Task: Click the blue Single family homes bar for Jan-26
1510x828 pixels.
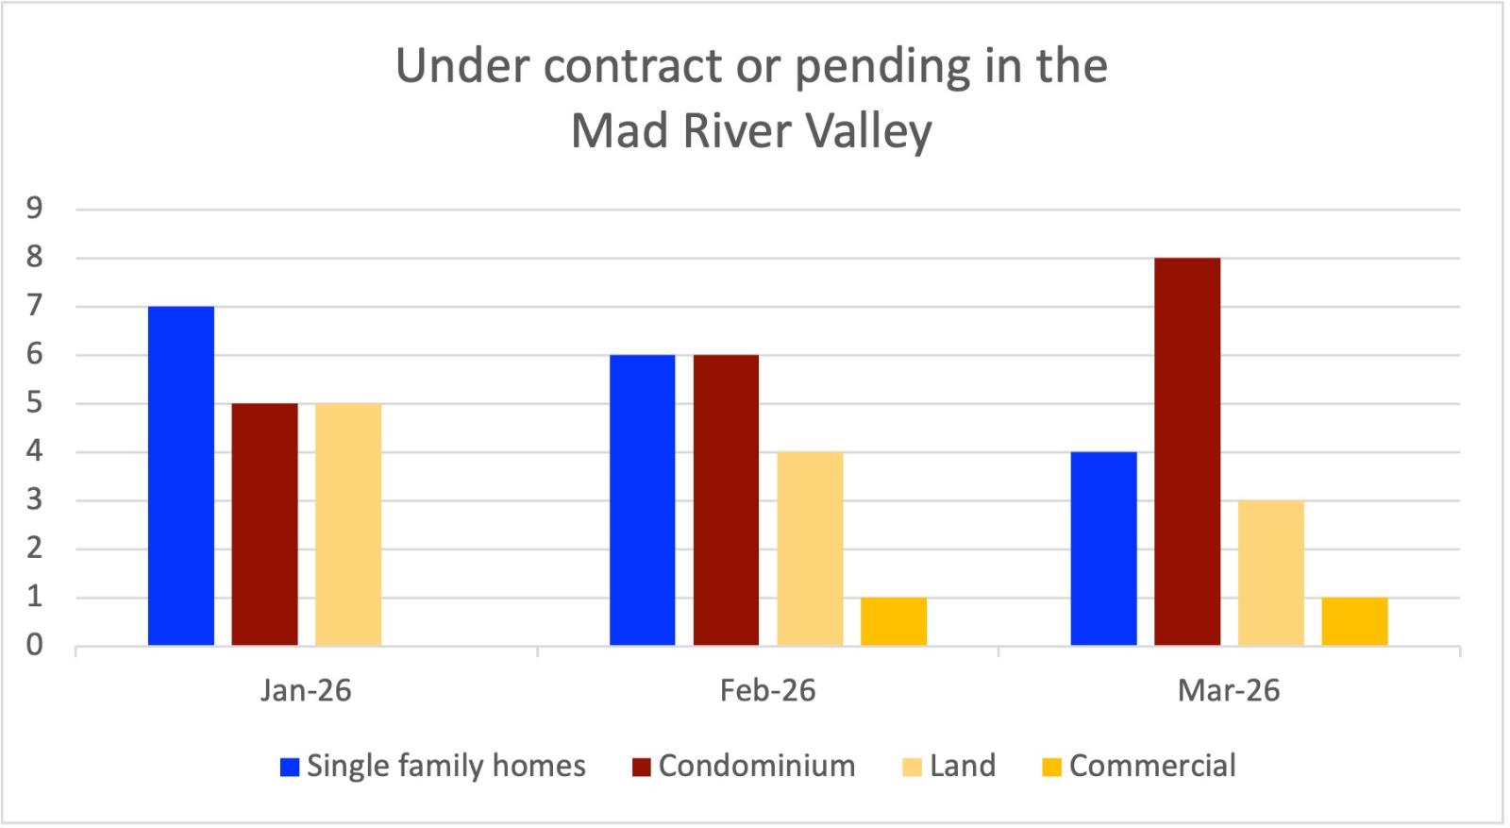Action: click(181, 476)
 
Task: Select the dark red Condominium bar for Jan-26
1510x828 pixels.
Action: click(264, 525)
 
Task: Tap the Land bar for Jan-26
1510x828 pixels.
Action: click(348, 525)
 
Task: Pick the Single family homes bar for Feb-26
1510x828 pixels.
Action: click(642, 500)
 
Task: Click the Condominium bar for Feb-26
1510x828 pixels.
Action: click(726, 500)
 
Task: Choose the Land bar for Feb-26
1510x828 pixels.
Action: click(810, 549)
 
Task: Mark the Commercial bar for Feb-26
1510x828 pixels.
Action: click(893, 621)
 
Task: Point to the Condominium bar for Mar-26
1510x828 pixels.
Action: click(1187, 451)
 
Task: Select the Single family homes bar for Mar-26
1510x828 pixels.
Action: click(1103, 549)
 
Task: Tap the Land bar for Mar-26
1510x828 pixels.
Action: click(1271, 573)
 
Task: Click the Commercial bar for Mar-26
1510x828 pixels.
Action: click(1354, 621)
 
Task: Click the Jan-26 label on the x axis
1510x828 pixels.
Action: click(306, 691)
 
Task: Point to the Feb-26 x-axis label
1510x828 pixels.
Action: click(767, 691)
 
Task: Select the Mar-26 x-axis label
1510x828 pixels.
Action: click(1229, 691)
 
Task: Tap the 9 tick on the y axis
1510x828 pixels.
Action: click(35, 209)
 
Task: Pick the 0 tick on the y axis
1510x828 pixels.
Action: click(35, 646)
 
